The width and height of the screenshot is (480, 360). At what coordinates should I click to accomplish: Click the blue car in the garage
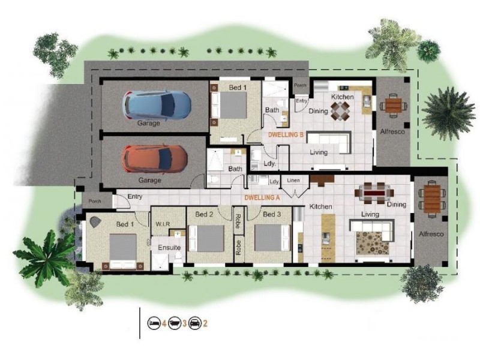[157, 104]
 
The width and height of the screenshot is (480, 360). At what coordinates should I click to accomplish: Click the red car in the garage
[154, 159]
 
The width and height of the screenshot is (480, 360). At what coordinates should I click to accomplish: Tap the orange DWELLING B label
[286, 135]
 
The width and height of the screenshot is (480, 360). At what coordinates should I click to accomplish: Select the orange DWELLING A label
[262, 197]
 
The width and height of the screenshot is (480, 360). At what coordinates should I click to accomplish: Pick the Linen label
[293, 180]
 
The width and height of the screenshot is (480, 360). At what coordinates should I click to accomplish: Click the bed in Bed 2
[206, 238]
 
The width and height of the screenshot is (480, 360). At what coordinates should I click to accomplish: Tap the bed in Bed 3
[271, 238]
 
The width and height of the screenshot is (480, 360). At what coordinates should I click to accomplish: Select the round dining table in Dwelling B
[341, 110]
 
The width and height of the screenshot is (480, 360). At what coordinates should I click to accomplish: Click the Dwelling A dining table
[376, 193]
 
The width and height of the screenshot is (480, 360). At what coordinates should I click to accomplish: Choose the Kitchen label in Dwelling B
[343, 97]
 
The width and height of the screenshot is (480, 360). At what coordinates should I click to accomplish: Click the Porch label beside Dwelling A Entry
[95, 202]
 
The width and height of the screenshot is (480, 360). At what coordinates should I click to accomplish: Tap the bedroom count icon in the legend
[155, 323]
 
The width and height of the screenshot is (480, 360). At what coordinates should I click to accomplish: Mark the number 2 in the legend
[205, 323]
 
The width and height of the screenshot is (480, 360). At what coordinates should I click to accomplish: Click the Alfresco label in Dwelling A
[431, 234]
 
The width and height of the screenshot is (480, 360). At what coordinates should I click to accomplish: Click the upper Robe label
[238, 218]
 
